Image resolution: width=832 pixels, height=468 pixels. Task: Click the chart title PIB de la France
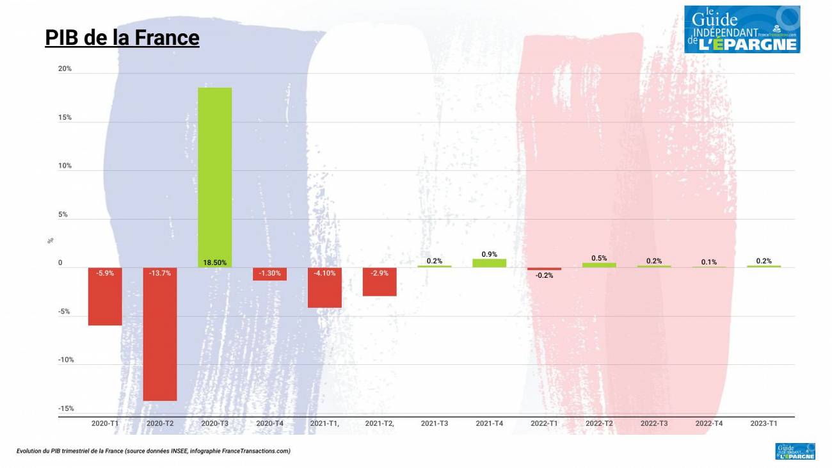click(122, 38)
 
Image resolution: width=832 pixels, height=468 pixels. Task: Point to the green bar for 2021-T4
click(489, 263)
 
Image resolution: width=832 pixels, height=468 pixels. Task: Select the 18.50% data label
click(214, 262)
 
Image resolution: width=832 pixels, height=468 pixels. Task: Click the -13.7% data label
click(159, 273)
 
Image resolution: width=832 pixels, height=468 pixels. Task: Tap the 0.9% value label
click(489, 254)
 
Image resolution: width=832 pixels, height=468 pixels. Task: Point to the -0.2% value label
click(544, 275)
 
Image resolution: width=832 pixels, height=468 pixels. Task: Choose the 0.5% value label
click(599, 258)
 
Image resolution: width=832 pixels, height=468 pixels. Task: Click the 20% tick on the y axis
click(65, 69)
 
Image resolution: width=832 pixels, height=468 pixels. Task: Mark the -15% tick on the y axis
click(66, 408)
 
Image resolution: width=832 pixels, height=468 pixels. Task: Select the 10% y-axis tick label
click(65, 166)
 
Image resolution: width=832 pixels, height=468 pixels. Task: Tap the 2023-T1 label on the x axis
click(764, 424)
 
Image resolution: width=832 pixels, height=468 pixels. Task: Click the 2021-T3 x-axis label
click(435, 424)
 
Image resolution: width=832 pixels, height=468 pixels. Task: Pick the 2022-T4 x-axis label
click(709, 424)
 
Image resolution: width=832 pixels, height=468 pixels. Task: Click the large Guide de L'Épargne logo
click(742, 29)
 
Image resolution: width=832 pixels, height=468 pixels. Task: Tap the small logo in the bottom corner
click(795, 451)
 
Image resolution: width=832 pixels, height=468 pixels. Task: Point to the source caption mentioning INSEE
click(154, 451)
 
